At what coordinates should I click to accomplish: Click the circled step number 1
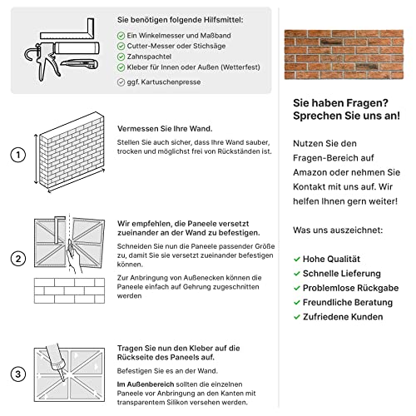tap(16, 155)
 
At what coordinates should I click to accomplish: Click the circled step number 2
tap(16, 258)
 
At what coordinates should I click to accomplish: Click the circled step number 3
tap(16, 373)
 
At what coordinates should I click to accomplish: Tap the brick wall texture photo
tap(343, 55)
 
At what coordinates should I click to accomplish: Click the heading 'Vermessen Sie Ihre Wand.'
tap(166, 128)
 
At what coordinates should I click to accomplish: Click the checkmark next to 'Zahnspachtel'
tap(121, 57)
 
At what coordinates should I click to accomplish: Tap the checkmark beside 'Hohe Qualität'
tap(297, 259)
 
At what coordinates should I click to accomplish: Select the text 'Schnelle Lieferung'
tap(342, 273)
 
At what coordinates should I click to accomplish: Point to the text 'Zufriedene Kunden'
tap(343, 317)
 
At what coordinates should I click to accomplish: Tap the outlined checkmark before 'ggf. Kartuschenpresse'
tap(121, 82)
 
